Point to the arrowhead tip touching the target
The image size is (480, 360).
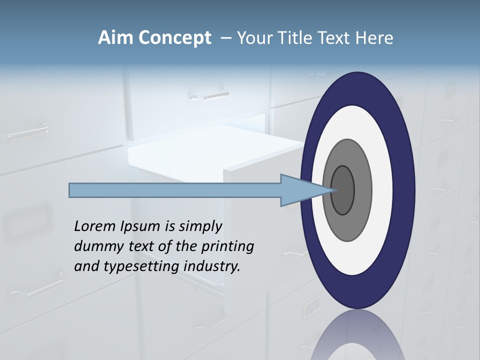click(334, 190)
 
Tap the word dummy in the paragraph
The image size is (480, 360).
click(95, 246)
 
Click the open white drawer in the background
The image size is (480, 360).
click(210, 150)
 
